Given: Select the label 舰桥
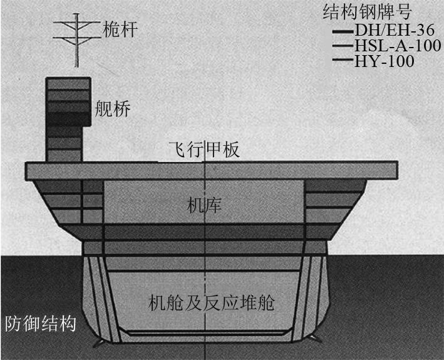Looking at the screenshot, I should [x=113, y=110].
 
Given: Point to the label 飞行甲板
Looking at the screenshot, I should [x=204, y=150].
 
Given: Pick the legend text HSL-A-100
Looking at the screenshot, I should [x=397, y=46].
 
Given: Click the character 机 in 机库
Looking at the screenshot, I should [x=195, y=205].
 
